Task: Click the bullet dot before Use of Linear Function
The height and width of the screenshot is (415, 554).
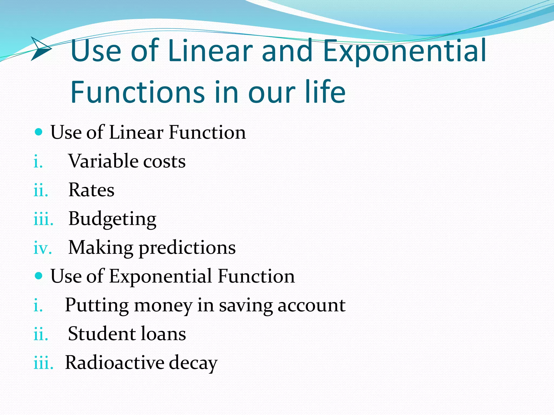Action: pos(39,132)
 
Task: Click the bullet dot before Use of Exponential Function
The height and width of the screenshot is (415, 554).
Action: pos(39,276)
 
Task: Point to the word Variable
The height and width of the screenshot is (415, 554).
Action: pos(103,161)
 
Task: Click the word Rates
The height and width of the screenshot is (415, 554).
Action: pos(91,190)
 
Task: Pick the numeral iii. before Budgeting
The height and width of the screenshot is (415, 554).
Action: pos(43,219)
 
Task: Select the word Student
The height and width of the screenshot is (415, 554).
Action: pos(102,334)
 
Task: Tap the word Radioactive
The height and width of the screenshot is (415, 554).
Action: pos(115,363)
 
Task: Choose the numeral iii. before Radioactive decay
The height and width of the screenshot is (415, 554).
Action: pos(43,363)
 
